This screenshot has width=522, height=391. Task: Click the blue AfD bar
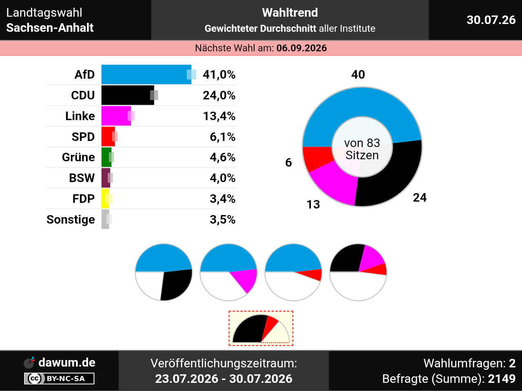pos(146,75)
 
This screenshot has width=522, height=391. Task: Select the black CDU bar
pos(128,95)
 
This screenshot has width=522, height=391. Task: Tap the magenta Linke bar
pos(116,116)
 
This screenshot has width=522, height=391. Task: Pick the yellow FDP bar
pos(105,199)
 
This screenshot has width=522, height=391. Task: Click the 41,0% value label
pos(219,75)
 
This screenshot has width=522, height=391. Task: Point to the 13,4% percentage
pos(219,116)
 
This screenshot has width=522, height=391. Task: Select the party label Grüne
pos(78,157)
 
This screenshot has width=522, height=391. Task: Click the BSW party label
pos(82,178)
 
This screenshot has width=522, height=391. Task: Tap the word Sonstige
pos(71,220)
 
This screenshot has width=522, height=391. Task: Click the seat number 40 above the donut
pos(358,75)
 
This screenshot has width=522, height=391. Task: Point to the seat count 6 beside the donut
pos(288,163)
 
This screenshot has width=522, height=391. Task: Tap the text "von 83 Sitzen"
pos(362,149)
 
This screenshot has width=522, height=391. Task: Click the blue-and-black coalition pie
pos(164,272)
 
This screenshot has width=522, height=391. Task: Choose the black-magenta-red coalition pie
pos(358,272)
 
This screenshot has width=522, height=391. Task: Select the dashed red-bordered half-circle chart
pos(261,328)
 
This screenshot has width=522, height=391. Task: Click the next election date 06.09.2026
pos(301,48)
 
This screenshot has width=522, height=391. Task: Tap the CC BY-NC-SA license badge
pos(59,378)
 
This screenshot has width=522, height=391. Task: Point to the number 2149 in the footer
pos(502,379)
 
